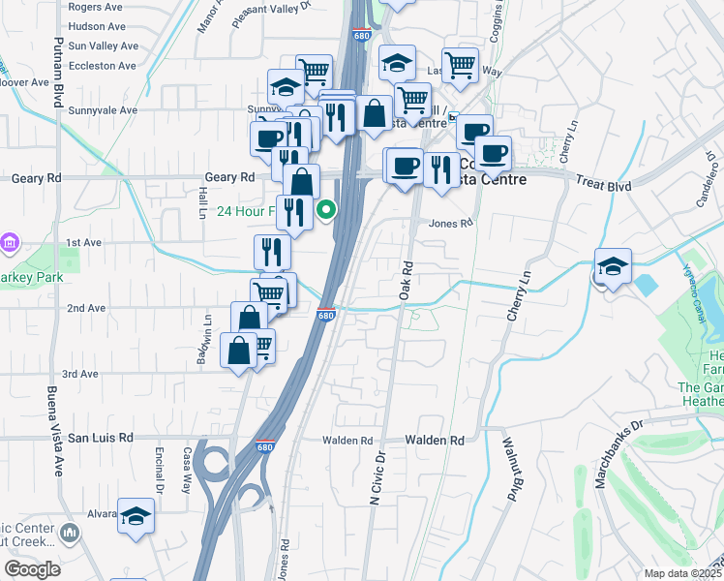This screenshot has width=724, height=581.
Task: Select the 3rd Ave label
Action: [80, 374]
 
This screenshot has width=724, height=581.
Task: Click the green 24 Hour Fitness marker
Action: [328, 208]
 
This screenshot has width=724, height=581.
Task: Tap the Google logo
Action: [32, 569]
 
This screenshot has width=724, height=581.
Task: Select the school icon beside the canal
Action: [613, 266]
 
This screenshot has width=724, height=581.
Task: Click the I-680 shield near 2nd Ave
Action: [326, 315]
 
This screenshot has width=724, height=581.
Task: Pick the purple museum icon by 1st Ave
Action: [10, 240]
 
